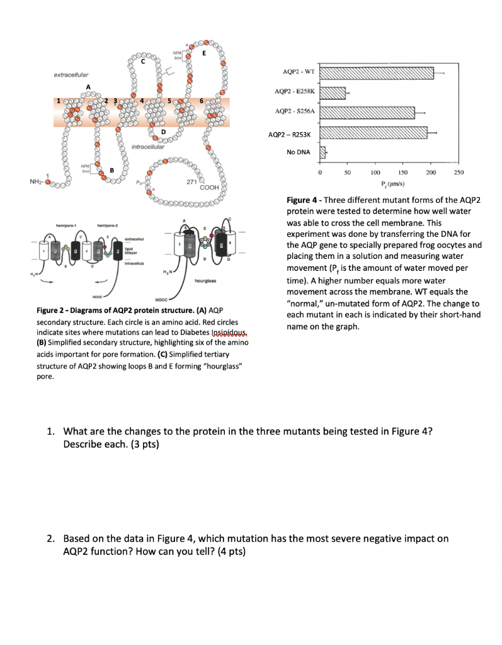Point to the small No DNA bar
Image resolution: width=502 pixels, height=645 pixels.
point(323,152)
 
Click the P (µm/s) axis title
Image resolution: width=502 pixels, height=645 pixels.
point(382,183)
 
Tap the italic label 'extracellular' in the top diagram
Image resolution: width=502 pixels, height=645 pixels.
point(71,75)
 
